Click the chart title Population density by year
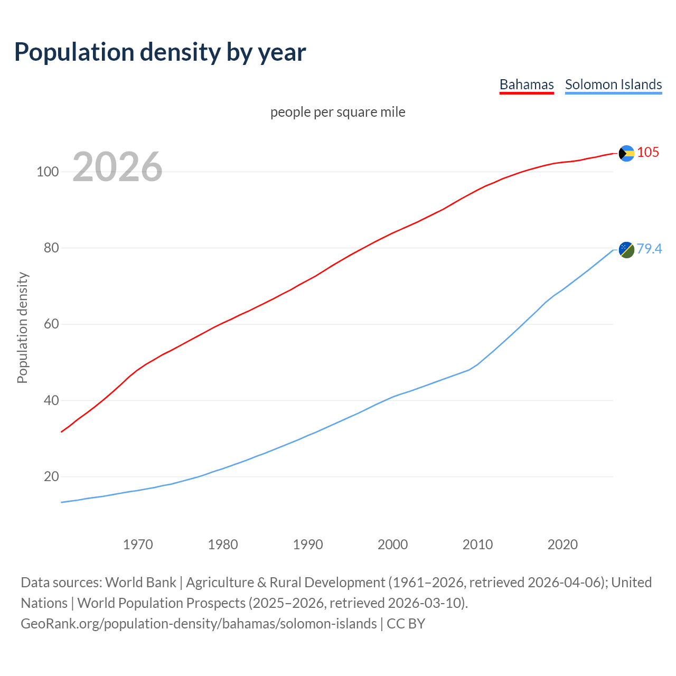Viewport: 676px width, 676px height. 160,52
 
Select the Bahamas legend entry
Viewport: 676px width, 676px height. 527,84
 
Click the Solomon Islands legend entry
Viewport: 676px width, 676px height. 613,84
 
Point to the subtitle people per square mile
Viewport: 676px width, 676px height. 337,112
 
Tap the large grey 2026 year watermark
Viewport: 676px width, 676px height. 117,167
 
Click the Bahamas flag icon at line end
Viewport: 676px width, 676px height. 626,153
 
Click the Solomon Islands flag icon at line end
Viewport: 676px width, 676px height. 626,250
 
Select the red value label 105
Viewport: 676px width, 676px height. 648,152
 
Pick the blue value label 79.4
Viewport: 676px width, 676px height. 649,249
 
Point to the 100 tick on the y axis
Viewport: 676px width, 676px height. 48,172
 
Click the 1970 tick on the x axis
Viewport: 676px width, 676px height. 138,544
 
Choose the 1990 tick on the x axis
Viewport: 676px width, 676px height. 308,544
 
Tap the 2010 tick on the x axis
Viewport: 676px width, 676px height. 477,544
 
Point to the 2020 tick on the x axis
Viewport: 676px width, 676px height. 562,544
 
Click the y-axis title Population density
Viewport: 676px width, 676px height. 22,327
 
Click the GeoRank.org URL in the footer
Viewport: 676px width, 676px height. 199,624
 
